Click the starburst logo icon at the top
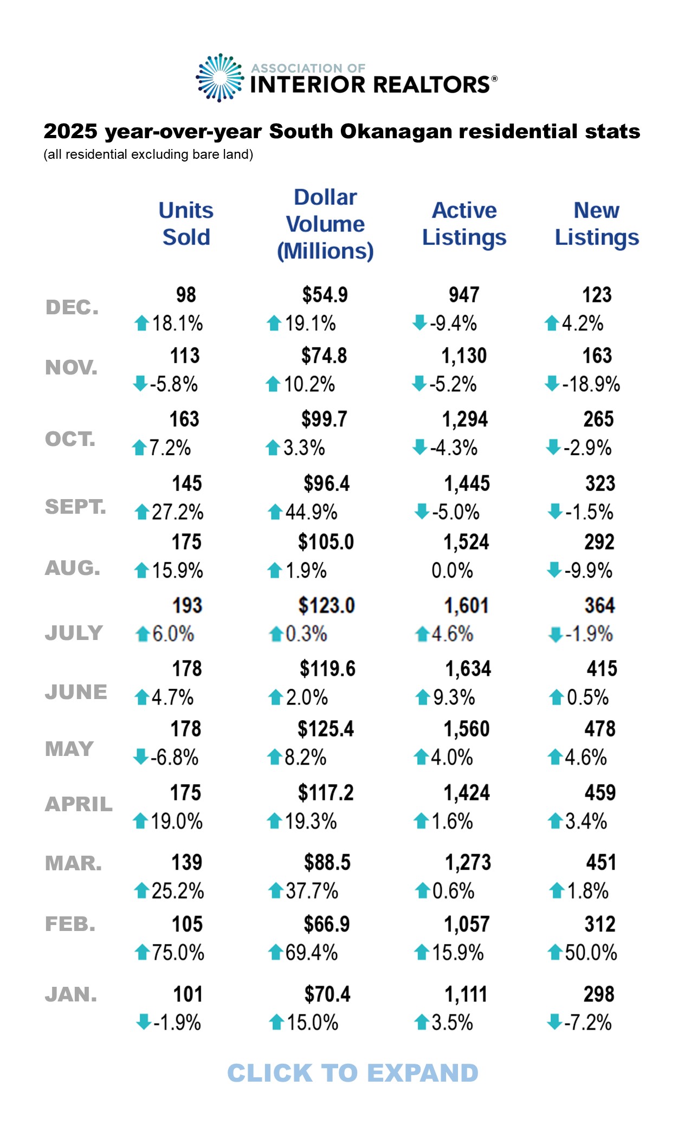coord(219,78)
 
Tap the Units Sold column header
coord(186,224)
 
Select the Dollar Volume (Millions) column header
coord(325,224)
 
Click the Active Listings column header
coord(464,224)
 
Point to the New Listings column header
coord(597,224)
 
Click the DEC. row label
coord(72,308)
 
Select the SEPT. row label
coord(75,507)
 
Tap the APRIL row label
coord(79,805)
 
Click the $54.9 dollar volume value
coord(325,295)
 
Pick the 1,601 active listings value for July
coord(467,606)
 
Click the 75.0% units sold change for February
coord(177,953)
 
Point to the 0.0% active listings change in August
coord(452,571)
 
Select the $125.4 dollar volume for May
coord(326,729)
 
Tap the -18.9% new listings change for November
coord(591,384)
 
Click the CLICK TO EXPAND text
coord(353,1074)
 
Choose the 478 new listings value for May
coord(599,729)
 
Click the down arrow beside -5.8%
coord(140,384)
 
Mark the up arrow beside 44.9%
coord(275,512)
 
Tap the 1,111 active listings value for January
coord(466,995)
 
